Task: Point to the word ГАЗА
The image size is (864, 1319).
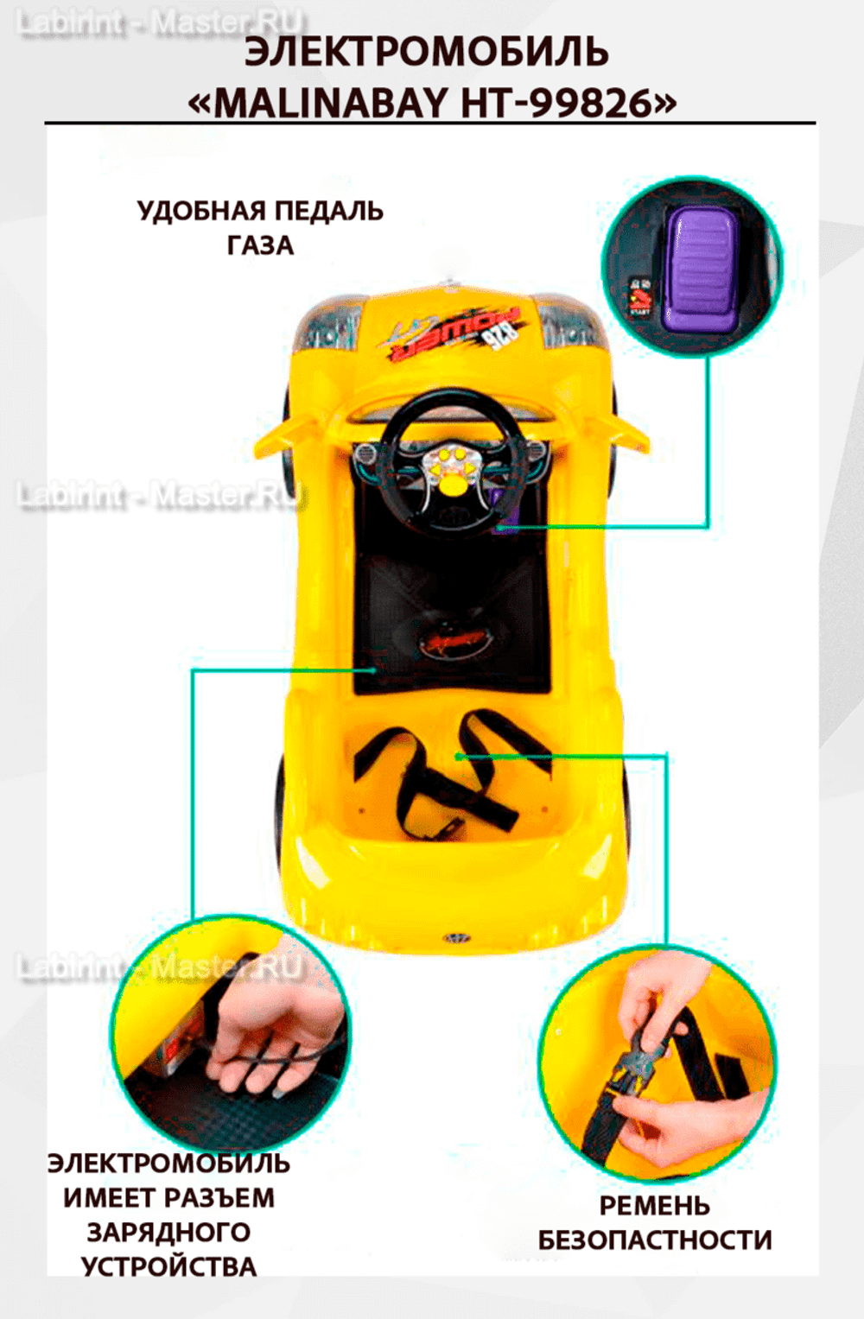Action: point(260,246)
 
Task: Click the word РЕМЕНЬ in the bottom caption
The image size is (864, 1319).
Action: point(654,1206)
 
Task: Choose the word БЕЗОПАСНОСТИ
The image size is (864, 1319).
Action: point(654,1240)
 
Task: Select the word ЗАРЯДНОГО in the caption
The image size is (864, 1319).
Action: point(168,1233)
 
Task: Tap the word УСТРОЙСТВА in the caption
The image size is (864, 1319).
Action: point(168,1267)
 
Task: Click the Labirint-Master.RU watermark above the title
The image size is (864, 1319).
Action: point(160,23)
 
